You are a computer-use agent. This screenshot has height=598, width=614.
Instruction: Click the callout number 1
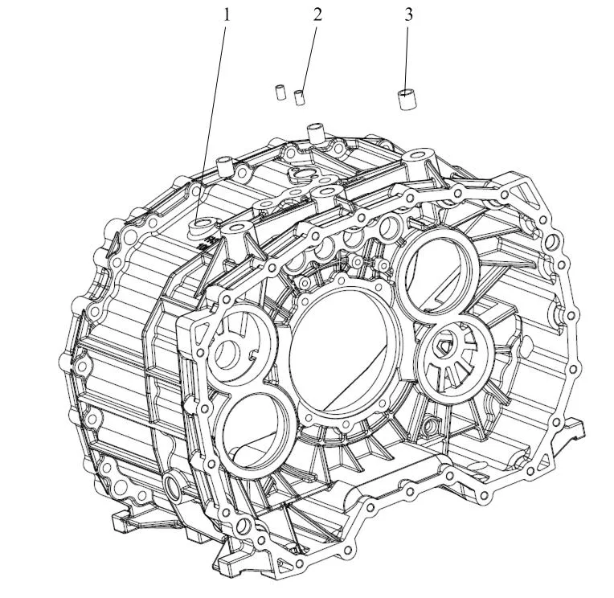coord(227,15)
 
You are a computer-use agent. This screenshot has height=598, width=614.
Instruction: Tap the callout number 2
coord(317,15)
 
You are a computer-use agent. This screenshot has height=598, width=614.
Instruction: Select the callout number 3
coord(408,15)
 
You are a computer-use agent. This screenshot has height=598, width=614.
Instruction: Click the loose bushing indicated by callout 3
coord(407,100)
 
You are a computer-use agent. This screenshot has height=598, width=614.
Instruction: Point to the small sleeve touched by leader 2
coord(300,97)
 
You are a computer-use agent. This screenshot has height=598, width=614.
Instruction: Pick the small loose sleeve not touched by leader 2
coord(280,92)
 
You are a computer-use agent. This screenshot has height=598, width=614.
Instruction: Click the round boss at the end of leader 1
coord(202,226)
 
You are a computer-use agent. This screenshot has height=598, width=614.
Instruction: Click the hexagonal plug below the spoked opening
coord(432,424)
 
